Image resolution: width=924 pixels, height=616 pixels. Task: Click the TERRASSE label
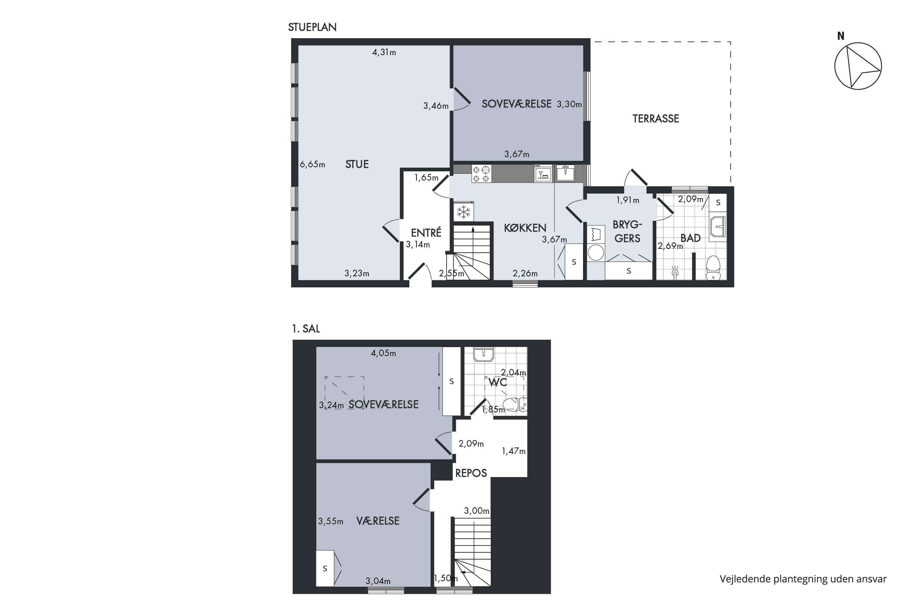tap(656, 119)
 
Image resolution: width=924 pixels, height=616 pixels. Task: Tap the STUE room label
tap(357, 164)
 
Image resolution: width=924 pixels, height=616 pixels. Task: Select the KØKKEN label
tap(525, 228)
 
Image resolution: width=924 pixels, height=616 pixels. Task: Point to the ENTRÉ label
tap(426, 232)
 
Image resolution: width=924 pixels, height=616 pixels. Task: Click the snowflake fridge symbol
tap(464, 212)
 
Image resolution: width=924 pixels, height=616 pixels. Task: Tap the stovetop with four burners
tap(481, 174)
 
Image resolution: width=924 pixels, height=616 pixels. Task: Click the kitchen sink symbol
tap(565, 173)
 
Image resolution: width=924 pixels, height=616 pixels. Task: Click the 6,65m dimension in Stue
tap(312, 164)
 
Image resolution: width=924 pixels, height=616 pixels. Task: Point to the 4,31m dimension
tap(384, 52)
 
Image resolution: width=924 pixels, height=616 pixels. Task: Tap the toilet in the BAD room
tap(713, 268)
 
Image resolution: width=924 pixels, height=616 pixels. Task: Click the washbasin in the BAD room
tap(718, 227)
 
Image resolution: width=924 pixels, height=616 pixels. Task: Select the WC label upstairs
tap(498, 382)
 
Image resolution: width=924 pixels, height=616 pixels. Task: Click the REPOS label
tap(471, 473)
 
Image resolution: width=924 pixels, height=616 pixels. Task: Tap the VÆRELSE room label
tap(378, 521)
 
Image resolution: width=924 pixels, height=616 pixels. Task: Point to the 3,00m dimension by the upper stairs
tap(476, 511)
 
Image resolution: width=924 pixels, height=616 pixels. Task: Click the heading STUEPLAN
tap(312, 27)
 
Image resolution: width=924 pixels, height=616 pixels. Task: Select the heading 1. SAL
tap(306, 328)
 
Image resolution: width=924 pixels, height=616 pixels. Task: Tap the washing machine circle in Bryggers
tap(596, 253)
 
